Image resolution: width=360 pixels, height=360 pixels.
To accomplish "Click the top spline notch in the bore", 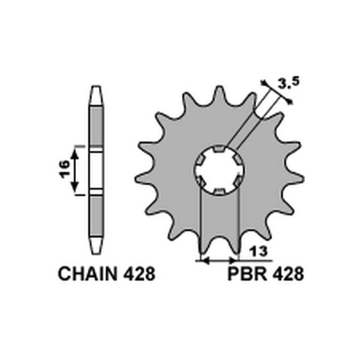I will point(219,148).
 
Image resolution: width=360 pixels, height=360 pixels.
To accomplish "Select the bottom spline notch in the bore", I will point(219,192).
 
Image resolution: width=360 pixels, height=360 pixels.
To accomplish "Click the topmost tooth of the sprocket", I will point(219,93).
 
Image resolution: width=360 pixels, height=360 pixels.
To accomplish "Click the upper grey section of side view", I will point(96,126).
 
